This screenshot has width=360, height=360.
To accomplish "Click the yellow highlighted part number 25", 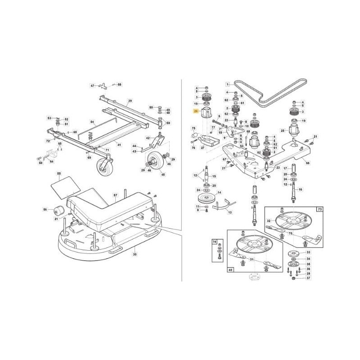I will [196, 111].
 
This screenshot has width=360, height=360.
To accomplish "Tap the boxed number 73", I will [320, 210].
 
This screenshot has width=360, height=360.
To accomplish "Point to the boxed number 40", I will [231, 270].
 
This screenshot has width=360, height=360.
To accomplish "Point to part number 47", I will [92, 85].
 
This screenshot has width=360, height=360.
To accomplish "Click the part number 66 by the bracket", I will [307, 163].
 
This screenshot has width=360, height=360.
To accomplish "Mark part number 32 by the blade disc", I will [269, 221].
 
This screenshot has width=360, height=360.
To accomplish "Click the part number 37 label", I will [308, 279].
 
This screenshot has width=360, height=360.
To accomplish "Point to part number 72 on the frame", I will [47, 141].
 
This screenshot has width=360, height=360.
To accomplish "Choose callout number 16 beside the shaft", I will [301, 190].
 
